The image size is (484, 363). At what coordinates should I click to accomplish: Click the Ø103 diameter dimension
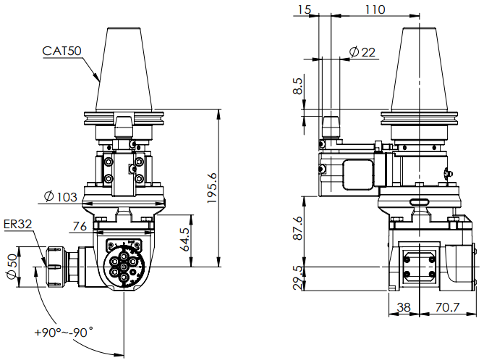click(x=60, y=196)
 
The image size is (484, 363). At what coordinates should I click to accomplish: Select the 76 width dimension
click(x=80, y=226)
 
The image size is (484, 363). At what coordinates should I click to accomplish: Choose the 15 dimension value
click(x=304, y=9)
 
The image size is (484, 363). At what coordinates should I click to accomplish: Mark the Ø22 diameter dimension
click(x=362, y=52)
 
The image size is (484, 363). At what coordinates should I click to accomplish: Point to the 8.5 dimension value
click(x=298, y=88)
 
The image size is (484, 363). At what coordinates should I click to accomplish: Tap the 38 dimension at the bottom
click(x=404, y=308)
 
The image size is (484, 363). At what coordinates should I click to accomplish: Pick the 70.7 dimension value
click(x=446, y=308)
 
